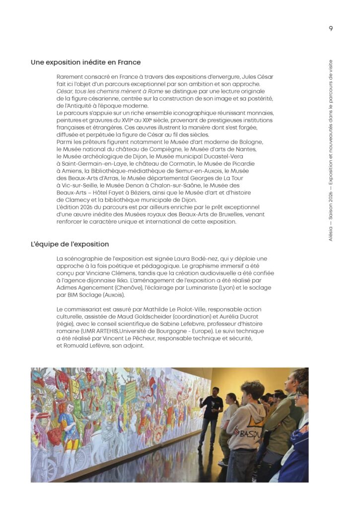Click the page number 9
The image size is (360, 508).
coord(331,28)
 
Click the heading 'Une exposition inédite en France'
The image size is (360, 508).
coord(85,63)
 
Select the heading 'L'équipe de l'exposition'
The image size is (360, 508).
coord(70,245)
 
